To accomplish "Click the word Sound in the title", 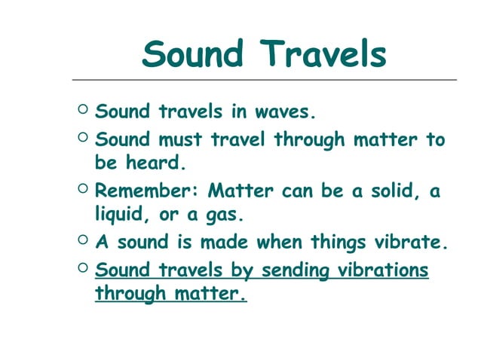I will [x=193, y=54].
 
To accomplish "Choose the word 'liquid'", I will [x=121, y=215].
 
